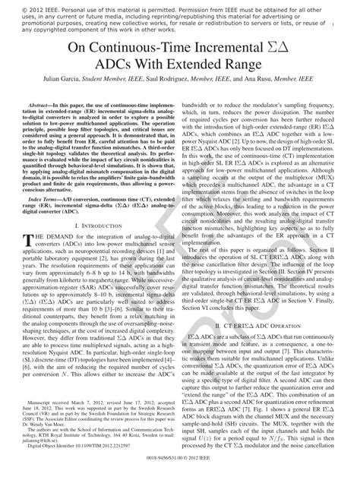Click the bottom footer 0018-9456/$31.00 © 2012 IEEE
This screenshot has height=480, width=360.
tap(179, 471)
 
